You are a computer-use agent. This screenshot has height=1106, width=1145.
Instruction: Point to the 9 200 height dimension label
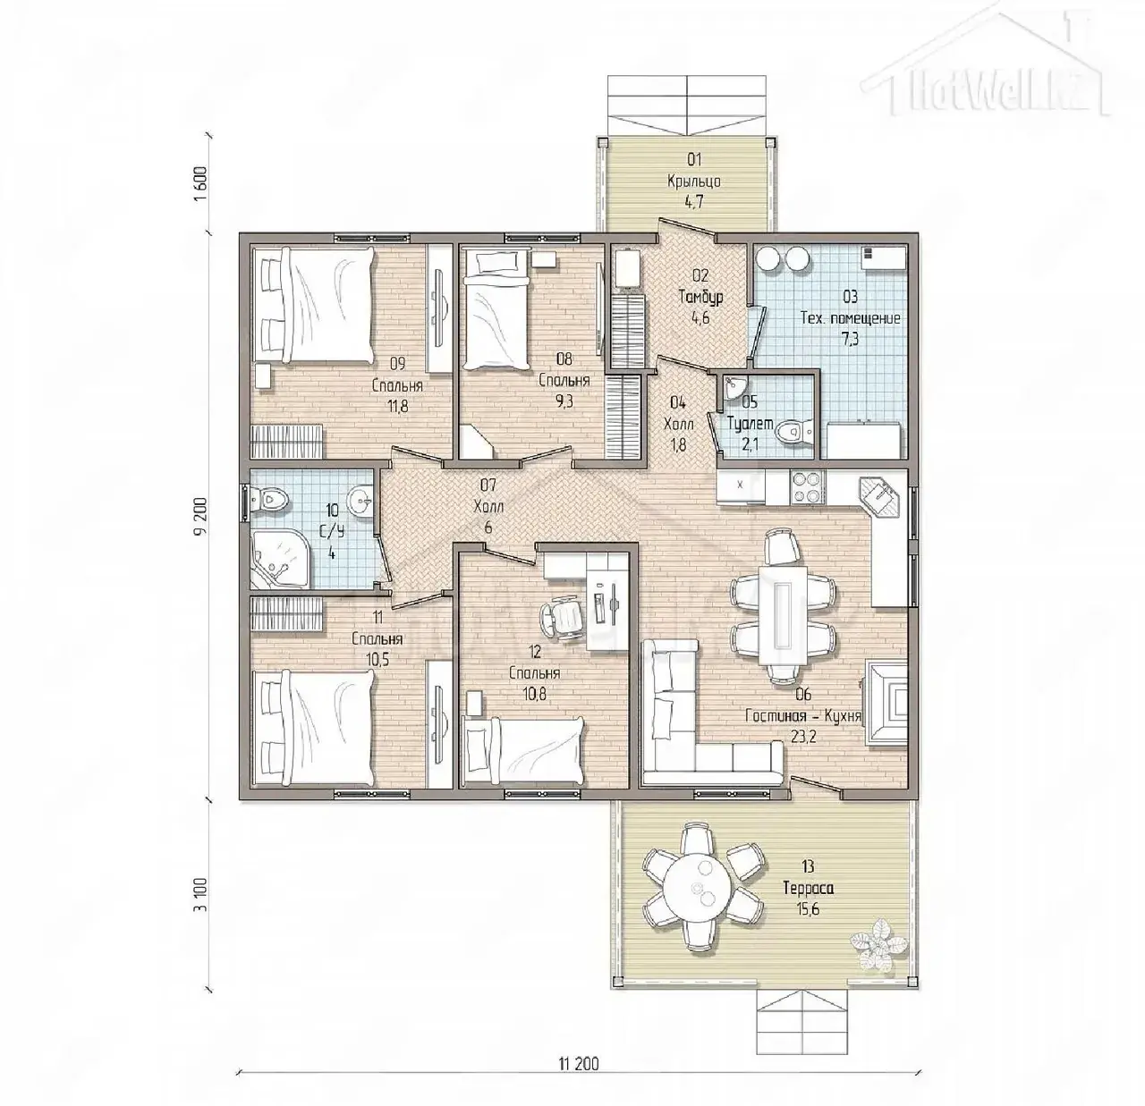(201, 516)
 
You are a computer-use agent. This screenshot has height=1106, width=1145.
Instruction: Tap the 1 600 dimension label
(201, 184)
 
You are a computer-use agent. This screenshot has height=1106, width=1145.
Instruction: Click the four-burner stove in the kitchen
(807, 487)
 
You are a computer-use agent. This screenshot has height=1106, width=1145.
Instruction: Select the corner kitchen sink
(882, 495)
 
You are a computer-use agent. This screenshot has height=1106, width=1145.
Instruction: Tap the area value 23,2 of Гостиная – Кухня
(802, 736)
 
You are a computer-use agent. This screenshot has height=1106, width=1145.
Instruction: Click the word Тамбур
(700, 297)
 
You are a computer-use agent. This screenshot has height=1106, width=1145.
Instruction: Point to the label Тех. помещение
(851, 318)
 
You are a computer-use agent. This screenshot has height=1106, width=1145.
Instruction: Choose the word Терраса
(809, 888)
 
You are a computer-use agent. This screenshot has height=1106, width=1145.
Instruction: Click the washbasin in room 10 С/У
(360, 502)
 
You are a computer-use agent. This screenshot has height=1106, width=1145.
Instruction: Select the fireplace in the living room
(886, 704)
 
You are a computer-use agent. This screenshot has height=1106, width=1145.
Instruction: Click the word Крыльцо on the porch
(694, 182)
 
